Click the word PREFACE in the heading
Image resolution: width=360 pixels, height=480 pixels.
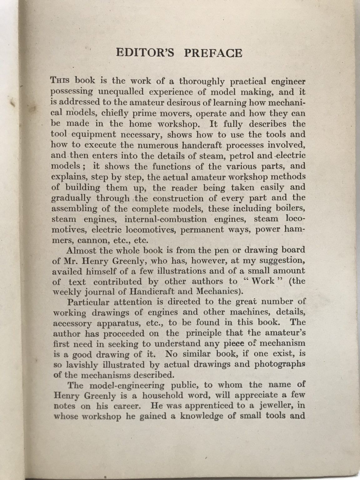click(x=212, y=52)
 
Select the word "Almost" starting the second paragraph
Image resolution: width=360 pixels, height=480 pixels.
click(x=82, y=250)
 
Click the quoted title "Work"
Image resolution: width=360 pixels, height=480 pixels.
click(x=263, y=281)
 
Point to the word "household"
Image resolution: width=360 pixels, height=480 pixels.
click(x=163, y=395)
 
